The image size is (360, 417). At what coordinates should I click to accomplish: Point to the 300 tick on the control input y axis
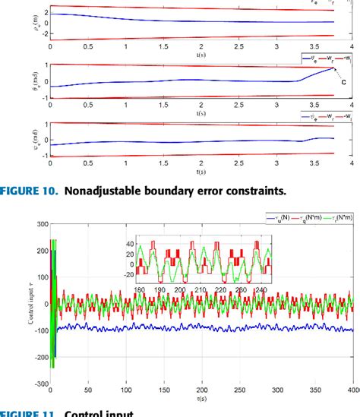coord(35,225)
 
